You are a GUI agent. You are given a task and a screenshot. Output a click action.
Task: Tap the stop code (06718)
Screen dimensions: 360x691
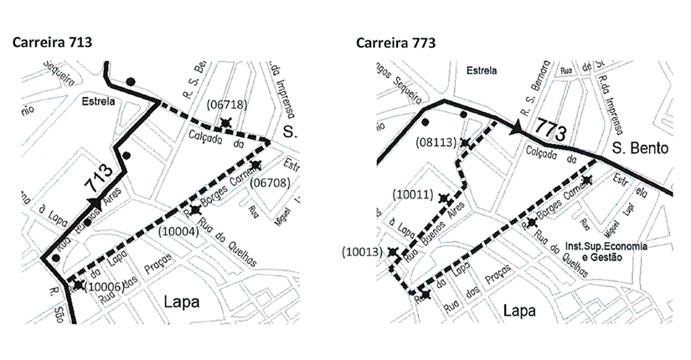[226, 105]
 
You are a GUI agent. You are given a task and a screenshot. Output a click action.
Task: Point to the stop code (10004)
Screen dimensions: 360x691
[179, 229]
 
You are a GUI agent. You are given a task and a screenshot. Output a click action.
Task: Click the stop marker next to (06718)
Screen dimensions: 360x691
[225, 123]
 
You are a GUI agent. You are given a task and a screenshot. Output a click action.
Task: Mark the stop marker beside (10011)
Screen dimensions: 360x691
[443, 199]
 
